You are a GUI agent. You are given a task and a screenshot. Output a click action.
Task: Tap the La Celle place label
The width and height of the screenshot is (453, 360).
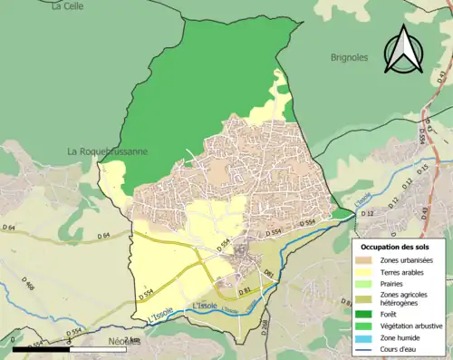pyautogui.click(x=67, y=6)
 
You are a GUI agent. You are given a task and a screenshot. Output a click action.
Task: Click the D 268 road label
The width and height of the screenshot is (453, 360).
pyautogui.click(x=265, y=327)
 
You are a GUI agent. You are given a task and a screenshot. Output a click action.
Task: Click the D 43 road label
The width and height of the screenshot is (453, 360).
pyautogui.click(x=424, y=135)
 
